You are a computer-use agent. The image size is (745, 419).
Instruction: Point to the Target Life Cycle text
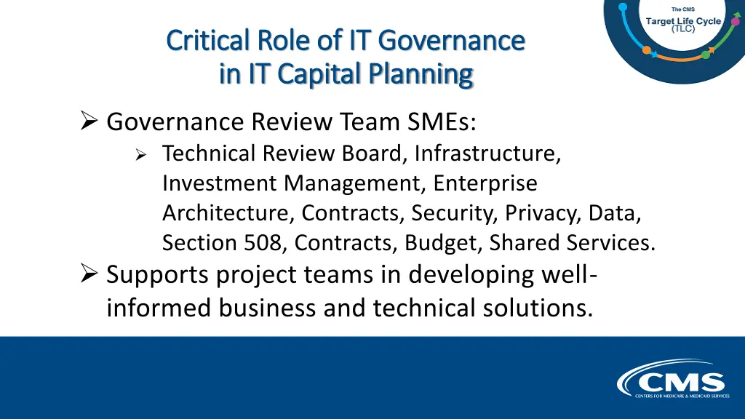coord(683,21)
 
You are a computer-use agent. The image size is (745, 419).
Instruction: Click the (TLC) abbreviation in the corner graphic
coord(683,30)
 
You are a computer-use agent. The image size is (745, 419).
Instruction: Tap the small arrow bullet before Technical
coord(142,154)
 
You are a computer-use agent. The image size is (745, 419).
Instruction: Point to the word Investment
coord(220,183)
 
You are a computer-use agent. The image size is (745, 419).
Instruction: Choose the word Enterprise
coord(485,183)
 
